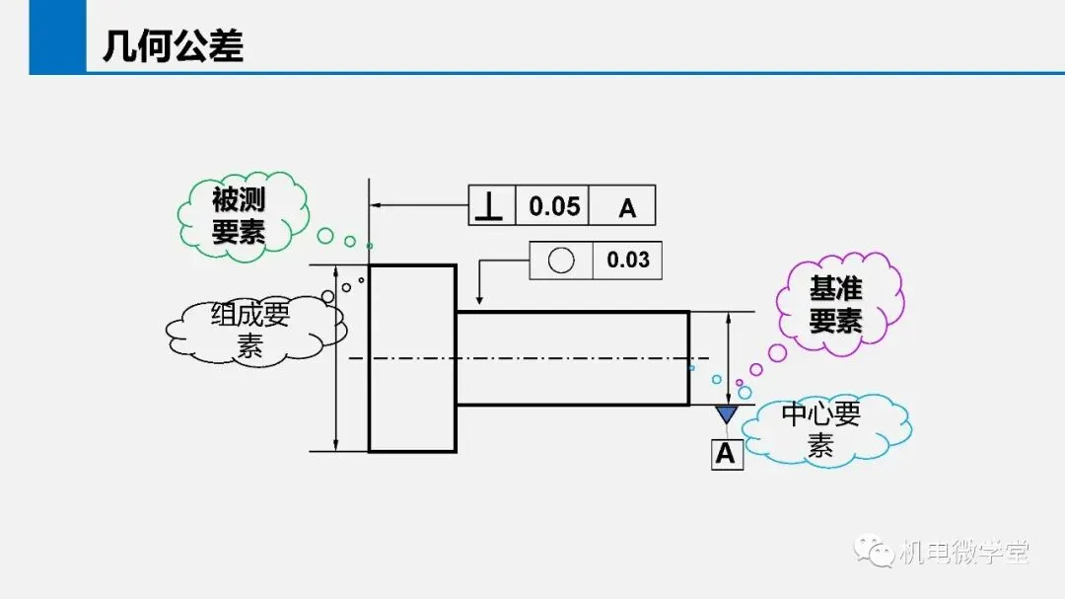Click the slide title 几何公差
[x=173, y=46]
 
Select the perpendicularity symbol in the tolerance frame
[x=489, y=205]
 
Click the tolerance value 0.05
[x=554, y=206]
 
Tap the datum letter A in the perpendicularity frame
[x=627, y=208]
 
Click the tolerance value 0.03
[x=628, y=260]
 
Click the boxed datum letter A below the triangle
[x=726, y=454]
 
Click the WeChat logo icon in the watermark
[x=874, y=552]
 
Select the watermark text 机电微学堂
[x=963, y=552]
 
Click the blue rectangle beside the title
[x=58, y=37]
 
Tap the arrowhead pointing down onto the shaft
[x=479, y=300]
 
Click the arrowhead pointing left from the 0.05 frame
[x=375, y=204]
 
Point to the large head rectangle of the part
[x=412, y=358]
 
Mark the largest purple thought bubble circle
[x=777, y=353]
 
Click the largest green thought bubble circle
[x=325, y=236]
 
